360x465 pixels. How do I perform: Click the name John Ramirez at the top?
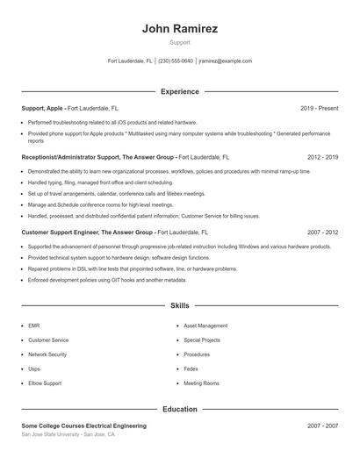pyautogui.click(x=179, y=28)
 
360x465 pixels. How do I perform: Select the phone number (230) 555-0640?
pyautogui.click(x=176, y=61)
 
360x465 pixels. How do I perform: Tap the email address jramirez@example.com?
pyautogui.click(x=225, y=61)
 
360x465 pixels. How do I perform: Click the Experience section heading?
pyautogui.click(x=179, y=91)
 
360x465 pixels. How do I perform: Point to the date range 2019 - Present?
pyautogui.click(x=319, y=108)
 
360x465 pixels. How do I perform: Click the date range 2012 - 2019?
pyautogui.click(x=323, y=157)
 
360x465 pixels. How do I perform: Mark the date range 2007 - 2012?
pyautogui.click(x=323, y=232)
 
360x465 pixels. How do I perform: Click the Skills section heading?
pyautogui.click(x=179, y=306)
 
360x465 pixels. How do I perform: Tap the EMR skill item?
pyautogui.click(x=34, y=325)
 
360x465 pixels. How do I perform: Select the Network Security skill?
pyautogui.click(x=47, y=354)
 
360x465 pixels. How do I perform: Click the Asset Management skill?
pyautogui.click(x=205, y=325)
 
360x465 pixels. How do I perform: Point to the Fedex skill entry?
pyautogui.click(x=191, y=369)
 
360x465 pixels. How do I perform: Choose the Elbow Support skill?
pyautogui.click(x=44, y=383)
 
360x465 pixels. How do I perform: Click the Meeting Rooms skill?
pyautogui.click(x=201, y=383)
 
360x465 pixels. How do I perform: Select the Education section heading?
pyautogui.click(x=179, y=409)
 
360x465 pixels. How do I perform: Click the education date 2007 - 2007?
pyautogui.click(x=323, y=426)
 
